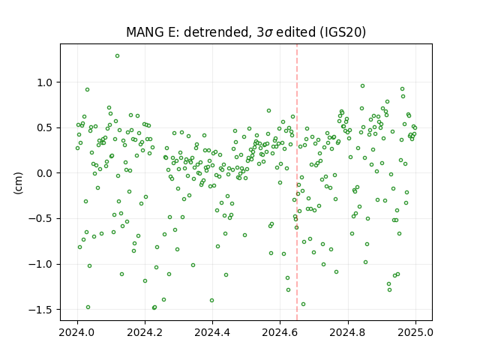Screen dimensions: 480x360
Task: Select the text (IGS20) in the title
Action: click(343, 32)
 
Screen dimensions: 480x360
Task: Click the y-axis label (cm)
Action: click(18, 183)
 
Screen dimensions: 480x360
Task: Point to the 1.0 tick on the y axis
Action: click(45, 82)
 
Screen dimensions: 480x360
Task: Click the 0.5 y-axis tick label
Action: click(45, 127)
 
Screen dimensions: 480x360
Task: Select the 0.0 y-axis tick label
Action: click(45, 173)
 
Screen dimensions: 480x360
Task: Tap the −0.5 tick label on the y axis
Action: click(41, 219)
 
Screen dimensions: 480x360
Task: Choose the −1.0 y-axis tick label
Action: click(41, 264)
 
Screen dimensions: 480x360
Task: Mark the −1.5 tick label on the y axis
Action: click(41, 310)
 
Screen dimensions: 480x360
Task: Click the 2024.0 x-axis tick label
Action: click(77, 332)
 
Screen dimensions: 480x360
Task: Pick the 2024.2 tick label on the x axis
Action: click(145, 332)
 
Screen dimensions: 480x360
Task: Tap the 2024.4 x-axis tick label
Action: click(212, 332)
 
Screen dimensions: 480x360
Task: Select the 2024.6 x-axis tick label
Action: click(280, 332)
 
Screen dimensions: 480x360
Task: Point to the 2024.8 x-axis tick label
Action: click(348, 332)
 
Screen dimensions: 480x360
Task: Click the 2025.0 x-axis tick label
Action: click(415, 332)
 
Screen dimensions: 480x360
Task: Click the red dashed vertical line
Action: click(297, 182)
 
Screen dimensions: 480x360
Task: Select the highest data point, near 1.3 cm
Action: click(117, 56)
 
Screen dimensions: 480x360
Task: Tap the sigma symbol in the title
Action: click(268, 33)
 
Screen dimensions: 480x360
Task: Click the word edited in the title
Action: click(295, 32)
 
